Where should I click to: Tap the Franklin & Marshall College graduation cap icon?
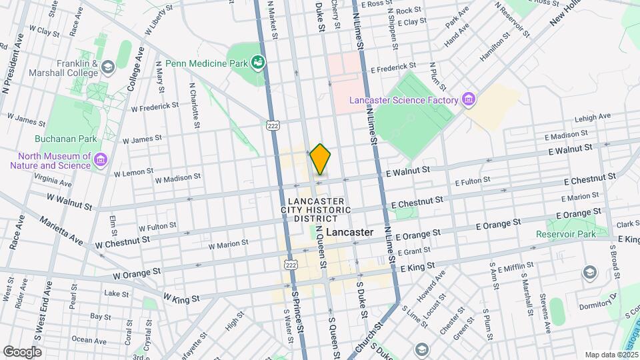107,67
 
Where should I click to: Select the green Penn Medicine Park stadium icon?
258,63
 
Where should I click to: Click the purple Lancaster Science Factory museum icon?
469,100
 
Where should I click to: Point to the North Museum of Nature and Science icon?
101,160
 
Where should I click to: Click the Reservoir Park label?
565,234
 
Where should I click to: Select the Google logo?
23,351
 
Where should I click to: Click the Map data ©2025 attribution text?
611,355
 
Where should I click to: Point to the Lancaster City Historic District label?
317,209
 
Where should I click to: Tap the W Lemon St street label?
133,173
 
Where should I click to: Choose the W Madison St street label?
177,178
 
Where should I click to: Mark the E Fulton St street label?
472,181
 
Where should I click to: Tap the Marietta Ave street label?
61,229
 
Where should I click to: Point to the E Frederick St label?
393,67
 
